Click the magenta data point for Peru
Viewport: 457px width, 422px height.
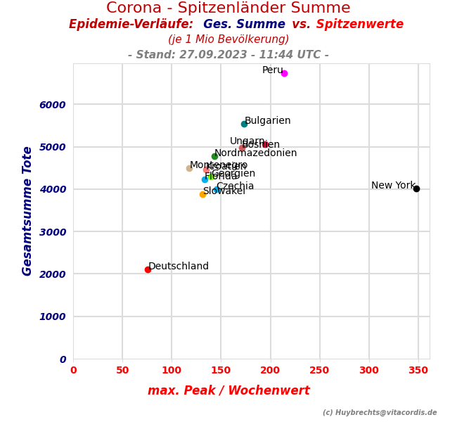(284, 73)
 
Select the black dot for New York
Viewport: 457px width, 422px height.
(416, 188)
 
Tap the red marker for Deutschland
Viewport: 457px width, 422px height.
(148, 269)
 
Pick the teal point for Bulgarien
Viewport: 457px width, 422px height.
(244, 124)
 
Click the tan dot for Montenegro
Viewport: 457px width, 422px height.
(189, 168)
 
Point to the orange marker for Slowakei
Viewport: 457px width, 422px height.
(202, 194)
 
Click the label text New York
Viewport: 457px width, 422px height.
(393, 186)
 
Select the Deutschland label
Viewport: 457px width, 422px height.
(179, 267)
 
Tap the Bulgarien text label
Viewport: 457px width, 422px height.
(268, 121)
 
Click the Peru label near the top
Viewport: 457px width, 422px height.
(272, 70)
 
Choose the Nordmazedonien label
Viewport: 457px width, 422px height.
(256, 153)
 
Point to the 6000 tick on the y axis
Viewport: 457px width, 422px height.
(53, 105)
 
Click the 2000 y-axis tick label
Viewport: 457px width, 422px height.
(53, 274)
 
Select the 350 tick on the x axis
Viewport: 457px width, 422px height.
(418, 371)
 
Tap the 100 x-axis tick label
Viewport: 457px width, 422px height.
(172, 371)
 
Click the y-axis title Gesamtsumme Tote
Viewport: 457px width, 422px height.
(27, 211)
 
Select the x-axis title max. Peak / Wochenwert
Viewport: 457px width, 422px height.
(228, 391)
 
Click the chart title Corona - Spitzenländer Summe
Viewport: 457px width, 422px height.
(228, 8)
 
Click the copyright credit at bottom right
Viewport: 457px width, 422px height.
(380, 413)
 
